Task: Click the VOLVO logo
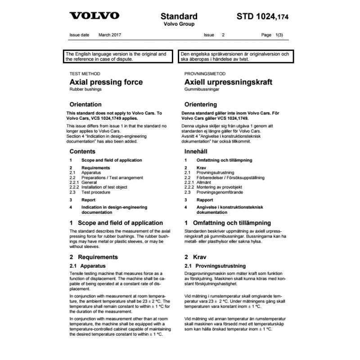[94, 16]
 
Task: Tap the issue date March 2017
[110, 35]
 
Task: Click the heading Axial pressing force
[106, 82]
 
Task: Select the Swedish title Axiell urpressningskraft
[229, 82]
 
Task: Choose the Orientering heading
[204, 104]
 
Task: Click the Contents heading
[82, 152]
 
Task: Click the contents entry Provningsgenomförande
[220, 192]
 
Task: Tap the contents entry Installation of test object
[104, 187]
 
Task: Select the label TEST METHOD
[85, 73]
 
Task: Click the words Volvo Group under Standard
[179, 24]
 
